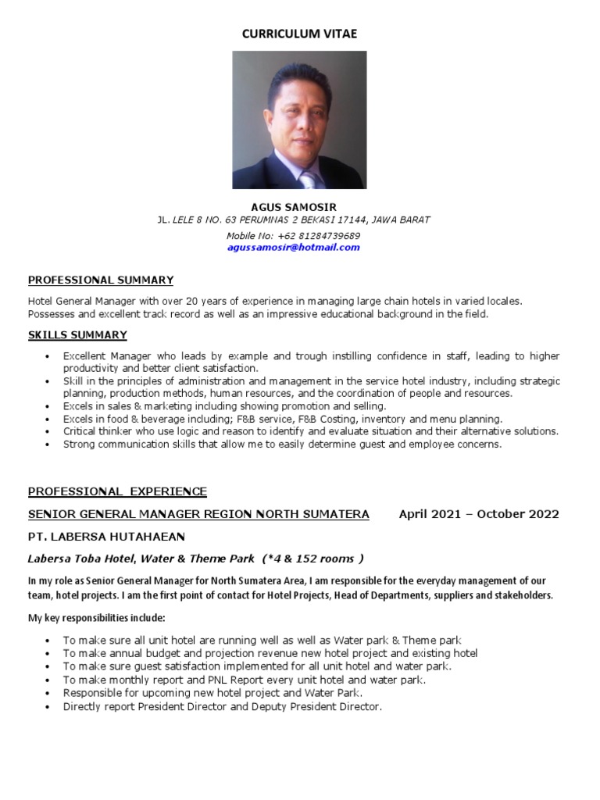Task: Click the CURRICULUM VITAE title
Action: click(299, 34)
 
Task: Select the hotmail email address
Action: click(294, 248)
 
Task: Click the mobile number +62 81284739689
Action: click(322, 236)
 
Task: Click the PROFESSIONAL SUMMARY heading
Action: click(101, 280)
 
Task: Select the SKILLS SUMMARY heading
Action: click(77, 335)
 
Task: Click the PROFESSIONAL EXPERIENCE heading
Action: click(117, 491)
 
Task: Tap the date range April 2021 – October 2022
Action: click(479, 514)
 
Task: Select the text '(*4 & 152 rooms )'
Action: click(314, 559)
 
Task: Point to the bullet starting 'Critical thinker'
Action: click(310, 431)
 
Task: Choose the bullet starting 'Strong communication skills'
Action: click(282, 444)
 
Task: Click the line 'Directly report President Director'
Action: click(223, 706)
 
